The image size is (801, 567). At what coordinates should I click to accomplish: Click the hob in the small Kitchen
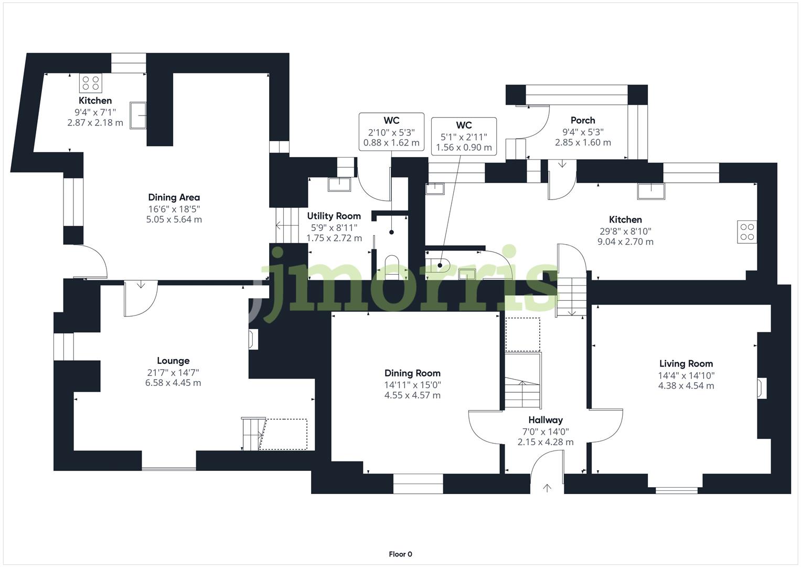[91, 83]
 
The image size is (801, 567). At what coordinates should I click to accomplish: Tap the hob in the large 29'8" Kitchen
[747, 232]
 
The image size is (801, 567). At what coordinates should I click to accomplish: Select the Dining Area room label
[174, 197]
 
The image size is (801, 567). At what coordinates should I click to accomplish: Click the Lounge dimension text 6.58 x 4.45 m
[173, 383]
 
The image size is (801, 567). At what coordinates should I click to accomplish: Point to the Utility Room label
[334, 216]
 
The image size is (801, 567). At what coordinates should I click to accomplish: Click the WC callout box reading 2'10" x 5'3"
[391, 132]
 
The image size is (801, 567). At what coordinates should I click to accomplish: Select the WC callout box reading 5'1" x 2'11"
[464, 136]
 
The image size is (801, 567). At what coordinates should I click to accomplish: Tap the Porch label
[583, 120]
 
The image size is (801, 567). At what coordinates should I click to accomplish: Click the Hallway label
[546, 420]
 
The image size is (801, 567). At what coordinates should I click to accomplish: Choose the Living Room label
[686, 363]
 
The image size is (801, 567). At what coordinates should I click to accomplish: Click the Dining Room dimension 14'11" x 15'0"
[412, 384]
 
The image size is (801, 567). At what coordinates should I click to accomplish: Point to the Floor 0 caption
[400, 554]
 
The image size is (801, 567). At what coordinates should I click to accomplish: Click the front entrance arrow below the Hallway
[547, 488]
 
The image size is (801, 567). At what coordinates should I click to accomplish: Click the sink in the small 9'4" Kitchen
[138, 115]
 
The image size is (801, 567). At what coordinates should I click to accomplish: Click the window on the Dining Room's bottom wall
[418, 484]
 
